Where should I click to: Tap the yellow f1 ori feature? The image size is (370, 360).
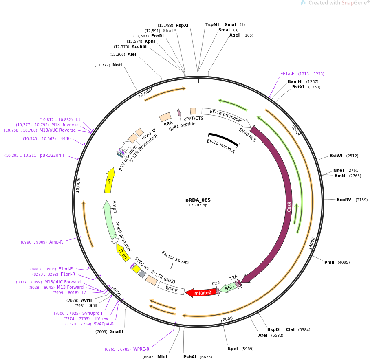click(123, 253)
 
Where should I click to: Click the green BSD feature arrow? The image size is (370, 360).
click(229, 287)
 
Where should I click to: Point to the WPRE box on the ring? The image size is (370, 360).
click(172, 290)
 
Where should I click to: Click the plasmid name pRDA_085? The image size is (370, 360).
click(198, 200)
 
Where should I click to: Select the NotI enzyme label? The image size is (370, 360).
click(117, 65)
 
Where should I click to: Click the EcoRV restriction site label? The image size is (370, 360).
click(344, 200)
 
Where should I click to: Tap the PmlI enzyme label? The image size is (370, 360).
click(329, 262)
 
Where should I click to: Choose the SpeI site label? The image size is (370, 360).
click(233, 349)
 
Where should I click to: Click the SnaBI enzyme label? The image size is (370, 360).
click(117, 331)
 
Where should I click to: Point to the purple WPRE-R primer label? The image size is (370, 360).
click(141, 349)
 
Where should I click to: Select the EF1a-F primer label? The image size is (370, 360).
click(287, 74)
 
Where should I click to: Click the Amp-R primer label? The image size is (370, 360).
click(56, 242)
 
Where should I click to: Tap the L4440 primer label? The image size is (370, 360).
click(64, 138)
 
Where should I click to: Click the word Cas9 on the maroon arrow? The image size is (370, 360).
click(289, 206)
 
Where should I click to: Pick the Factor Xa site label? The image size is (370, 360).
click(175, 257)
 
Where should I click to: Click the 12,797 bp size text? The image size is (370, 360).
click(198, 205)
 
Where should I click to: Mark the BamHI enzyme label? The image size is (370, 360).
click(295, 81)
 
